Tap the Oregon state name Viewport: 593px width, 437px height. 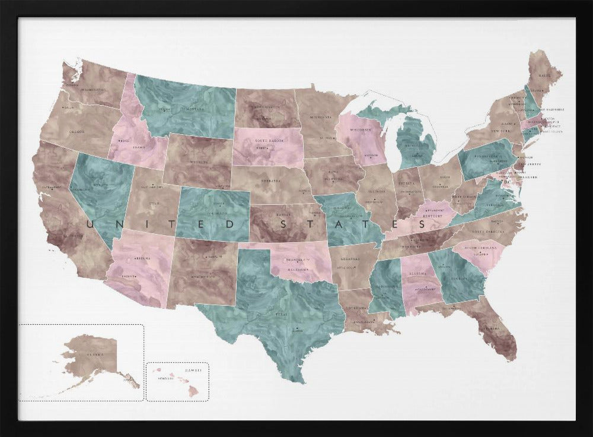(77, 132)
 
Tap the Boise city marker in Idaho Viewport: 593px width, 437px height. (120, 140)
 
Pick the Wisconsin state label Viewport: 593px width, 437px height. (360, 130)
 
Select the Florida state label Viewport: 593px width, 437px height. (492, 328)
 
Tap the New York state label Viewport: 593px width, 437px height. (499, 131)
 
